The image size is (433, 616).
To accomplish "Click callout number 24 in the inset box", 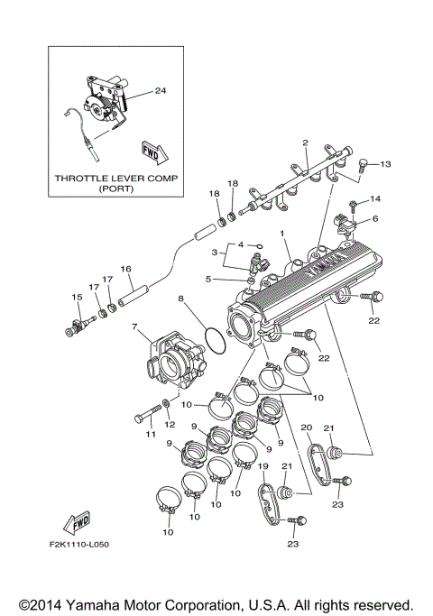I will coord(161,91).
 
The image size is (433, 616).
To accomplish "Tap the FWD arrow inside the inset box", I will coord(151,150).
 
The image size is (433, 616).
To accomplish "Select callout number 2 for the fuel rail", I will coord(306,143).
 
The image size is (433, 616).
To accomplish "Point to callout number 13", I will coord(385,164).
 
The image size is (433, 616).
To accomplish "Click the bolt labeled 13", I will coord(361,164).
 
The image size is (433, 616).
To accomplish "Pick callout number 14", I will coord(376,198).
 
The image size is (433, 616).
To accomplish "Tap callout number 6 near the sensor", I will coord(375,218).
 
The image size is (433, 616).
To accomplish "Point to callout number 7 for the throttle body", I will coord(134,327).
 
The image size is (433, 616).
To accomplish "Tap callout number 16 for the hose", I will coord(126,268).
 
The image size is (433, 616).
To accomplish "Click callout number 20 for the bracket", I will coord(305,428).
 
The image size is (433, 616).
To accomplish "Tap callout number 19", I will coord(263,466).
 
